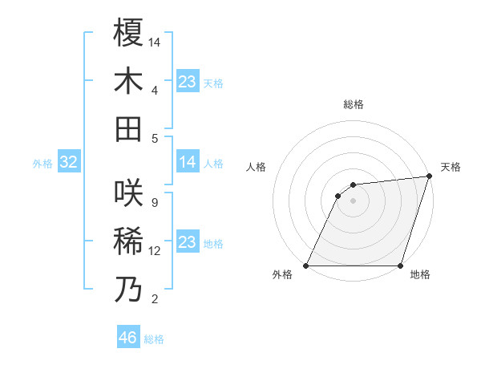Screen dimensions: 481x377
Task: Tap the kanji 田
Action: point(128,128)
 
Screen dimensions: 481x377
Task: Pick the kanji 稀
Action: point(128,241)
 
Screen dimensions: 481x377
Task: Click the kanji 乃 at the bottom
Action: point(128,289)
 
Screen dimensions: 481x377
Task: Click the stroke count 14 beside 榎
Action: point(156,41)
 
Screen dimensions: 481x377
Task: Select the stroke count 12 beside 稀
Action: point(156,251)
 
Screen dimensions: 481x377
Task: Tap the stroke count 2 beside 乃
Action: point(154,299)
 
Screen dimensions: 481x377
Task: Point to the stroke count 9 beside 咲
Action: point(154,202)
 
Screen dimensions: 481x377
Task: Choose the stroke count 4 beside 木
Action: point(154,90)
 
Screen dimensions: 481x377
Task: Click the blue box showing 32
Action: point(69,163)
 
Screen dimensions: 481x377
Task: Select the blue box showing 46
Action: point(127,338)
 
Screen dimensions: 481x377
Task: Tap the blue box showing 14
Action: point(187,163)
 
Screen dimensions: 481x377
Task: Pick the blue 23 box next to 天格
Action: point(187,82)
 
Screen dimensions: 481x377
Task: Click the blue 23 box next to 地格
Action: point(187,242)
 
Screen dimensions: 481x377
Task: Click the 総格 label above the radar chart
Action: point(353,104)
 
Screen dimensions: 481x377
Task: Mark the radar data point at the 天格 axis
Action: point(429,176)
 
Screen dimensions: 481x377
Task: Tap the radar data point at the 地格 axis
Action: point(400,266)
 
